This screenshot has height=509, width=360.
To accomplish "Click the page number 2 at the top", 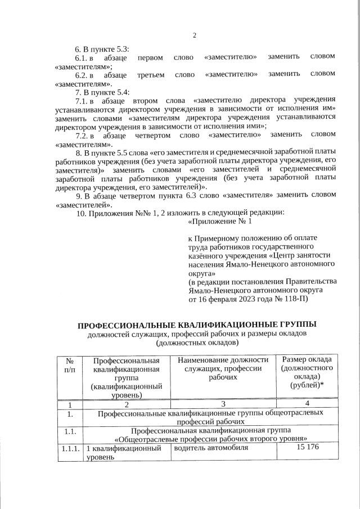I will (x=194, y=36).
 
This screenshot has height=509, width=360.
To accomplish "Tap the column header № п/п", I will (x=70, y=366).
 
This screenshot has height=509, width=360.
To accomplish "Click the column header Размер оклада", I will (x=307, y=360).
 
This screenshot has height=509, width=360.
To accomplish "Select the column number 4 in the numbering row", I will (x=307, y=403).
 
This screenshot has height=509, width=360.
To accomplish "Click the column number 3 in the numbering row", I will (x=223, y=403).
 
